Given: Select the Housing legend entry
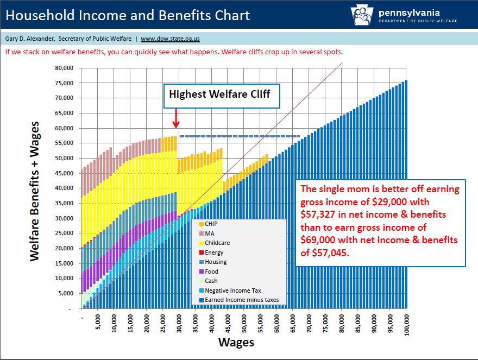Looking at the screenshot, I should [216, 262].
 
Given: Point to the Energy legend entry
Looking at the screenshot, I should [215, 252].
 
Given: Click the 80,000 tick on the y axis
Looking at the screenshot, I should [64, 68].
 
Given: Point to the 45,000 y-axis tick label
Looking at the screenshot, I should [64, 174].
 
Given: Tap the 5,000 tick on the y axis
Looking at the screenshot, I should [66, 294].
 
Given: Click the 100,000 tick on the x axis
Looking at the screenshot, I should [407, 324].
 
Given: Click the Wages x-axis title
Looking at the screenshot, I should [236, 343].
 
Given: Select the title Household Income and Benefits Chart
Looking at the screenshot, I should [128, 15].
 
